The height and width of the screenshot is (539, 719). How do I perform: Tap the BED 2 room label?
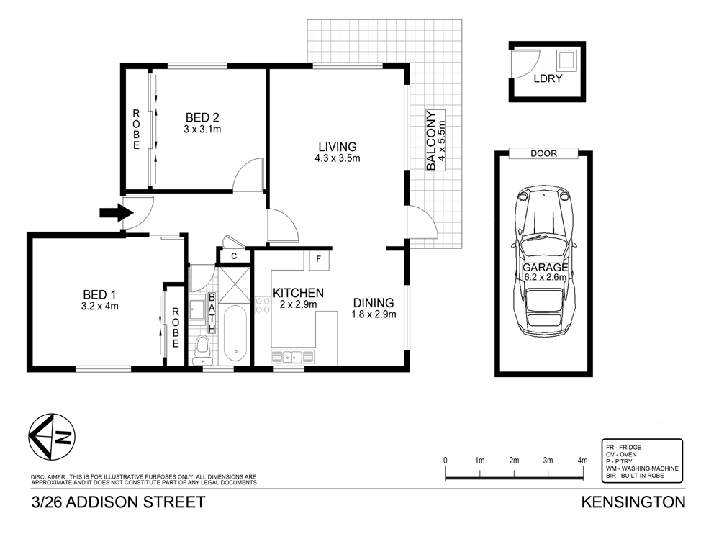(x=202, y=117)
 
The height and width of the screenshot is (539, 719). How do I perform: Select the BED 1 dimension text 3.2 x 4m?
(x=101, y=306)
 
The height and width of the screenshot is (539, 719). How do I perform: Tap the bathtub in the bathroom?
(x=235, y=334)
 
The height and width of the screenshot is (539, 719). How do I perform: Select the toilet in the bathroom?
(x=203, y=348)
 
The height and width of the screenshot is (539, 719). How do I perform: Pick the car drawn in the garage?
(x=545, y=265)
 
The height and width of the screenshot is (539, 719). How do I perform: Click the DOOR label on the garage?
(x=543, y=153)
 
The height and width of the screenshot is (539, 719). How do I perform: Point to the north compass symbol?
(x=53, y=438)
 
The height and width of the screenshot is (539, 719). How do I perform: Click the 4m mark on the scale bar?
(x=582, y=460)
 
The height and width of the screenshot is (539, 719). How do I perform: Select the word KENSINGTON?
(x=633, y=502)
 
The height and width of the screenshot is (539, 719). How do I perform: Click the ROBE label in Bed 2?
(x=135, y=130)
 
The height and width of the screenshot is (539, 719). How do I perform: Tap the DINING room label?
(x=373, y=303)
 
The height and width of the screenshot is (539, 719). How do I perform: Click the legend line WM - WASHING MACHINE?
(x=642, y=468)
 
